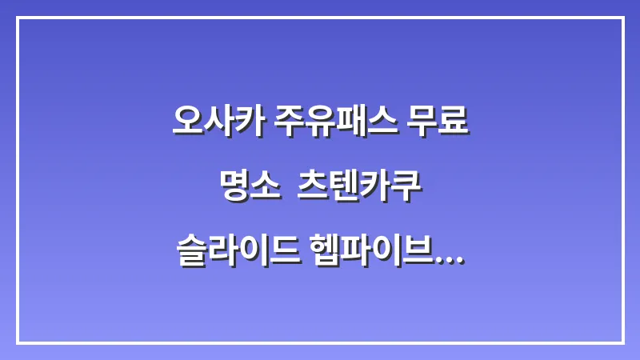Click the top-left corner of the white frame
tap(18, 18)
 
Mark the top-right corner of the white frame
tap(622, 18)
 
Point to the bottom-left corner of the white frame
tap(18, 342)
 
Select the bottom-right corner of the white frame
tap(622, 342)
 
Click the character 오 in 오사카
tap(188, 121)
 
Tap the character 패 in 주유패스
tap(349, 121)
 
